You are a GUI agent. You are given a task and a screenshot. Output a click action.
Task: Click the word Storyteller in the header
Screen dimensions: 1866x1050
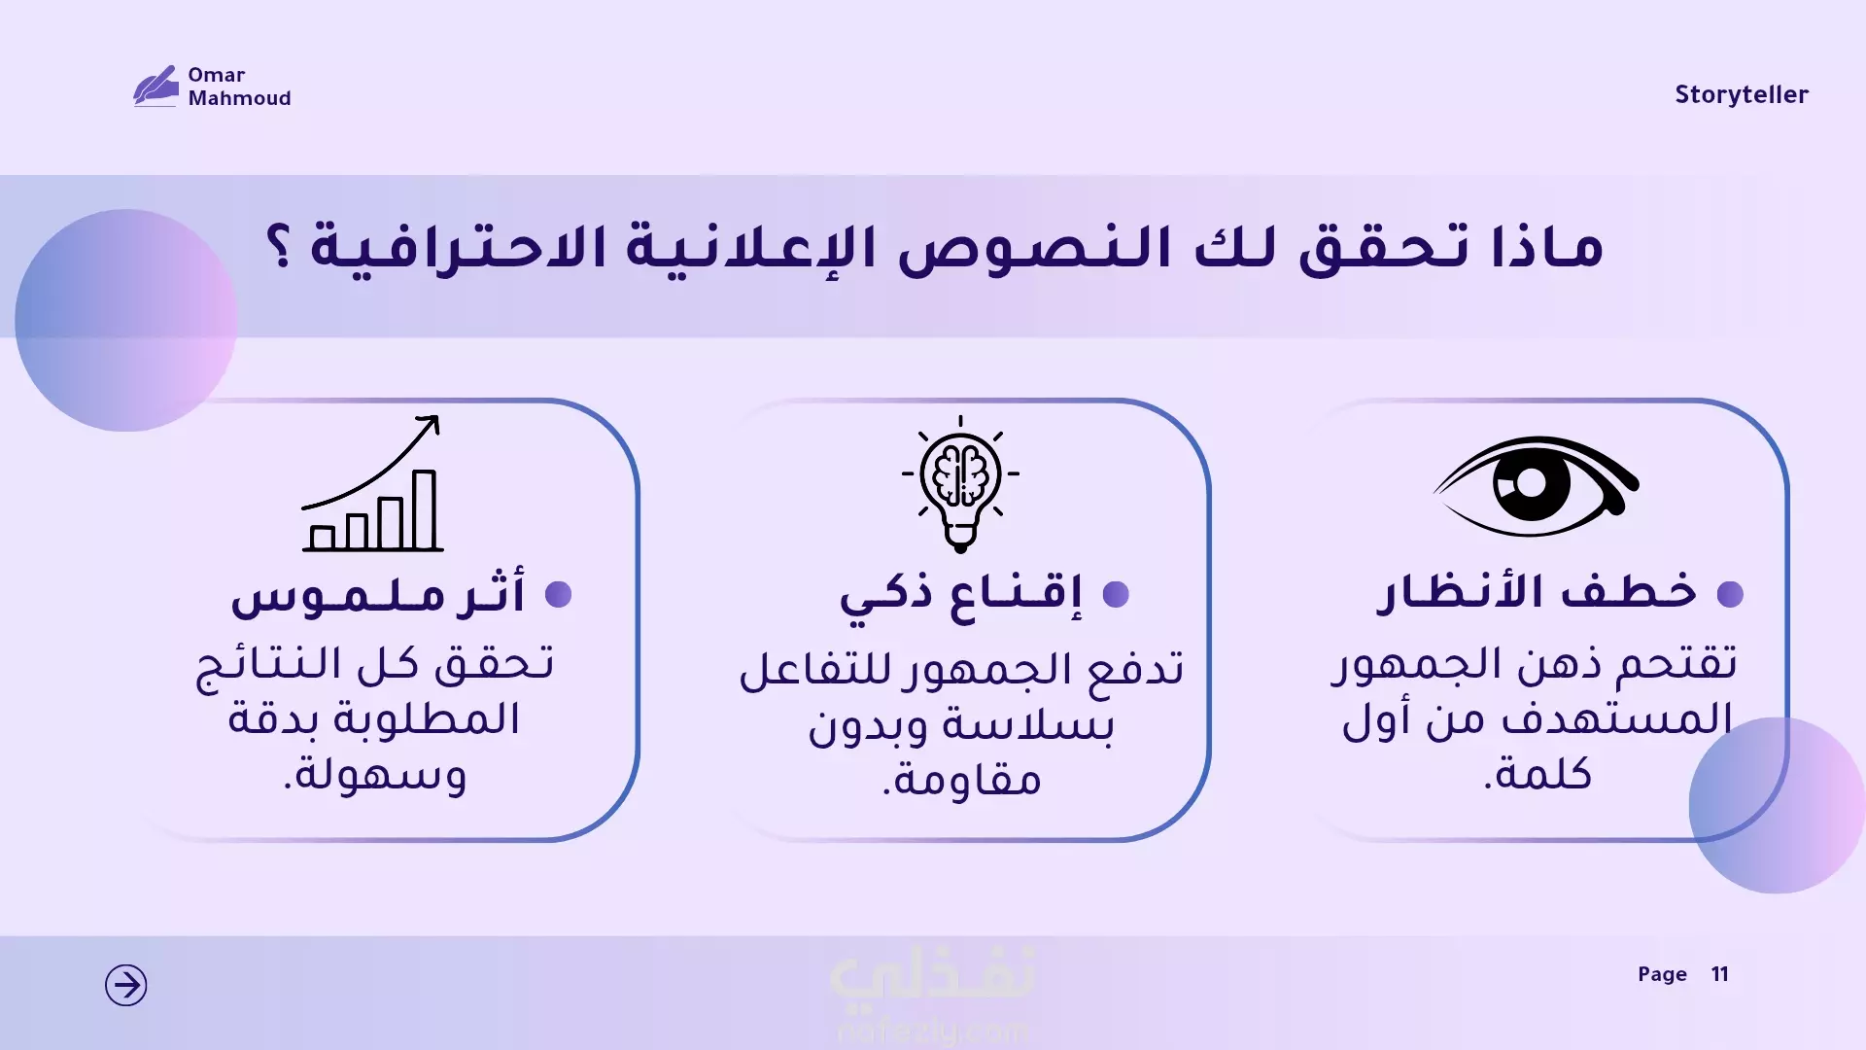pos(1741,94)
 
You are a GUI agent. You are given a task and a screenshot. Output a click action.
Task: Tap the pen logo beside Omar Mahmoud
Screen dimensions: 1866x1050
pos(155,86)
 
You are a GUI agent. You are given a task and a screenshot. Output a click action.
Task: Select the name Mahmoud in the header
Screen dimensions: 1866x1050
pos(239,98)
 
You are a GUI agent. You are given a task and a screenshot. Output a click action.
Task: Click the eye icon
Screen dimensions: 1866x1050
pos(1536,485)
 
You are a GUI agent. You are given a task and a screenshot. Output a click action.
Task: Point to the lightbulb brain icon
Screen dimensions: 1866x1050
pos(960,484)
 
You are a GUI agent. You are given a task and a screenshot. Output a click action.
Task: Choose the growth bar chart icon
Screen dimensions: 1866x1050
pos(372,483)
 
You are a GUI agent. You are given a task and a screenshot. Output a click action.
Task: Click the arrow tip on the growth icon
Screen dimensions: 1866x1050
pos(436,419)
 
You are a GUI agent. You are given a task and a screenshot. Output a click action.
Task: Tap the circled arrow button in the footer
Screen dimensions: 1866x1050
pos(126,985)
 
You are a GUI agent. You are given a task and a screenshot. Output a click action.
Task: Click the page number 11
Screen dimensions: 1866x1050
pos(1719,974)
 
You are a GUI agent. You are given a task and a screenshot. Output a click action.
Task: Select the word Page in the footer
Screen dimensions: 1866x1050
pos(1662,974)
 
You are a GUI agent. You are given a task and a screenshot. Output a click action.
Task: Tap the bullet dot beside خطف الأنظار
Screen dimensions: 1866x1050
pos(1730,594)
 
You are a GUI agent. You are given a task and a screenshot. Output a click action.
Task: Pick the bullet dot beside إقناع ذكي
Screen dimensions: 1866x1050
pos(1116,594)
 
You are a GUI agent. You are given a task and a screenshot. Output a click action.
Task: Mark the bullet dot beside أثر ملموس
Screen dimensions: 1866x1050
pos(558,594)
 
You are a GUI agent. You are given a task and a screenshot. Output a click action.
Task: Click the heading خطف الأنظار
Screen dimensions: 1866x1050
pos(1537,591)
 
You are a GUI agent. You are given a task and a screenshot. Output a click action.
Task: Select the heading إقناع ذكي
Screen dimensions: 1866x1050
pos(960,594)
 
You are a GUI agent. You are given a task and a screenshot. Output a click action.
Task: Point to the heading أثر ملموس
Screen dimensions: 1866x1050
pos(377,592)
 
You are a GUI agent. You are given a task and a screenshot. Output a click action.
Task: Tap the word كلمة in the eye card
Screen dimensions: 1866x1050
pos(1537,774)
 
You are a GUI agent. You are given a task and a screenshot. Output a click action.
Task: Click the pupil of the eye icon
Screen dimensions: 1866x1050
pos(1531,483)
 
